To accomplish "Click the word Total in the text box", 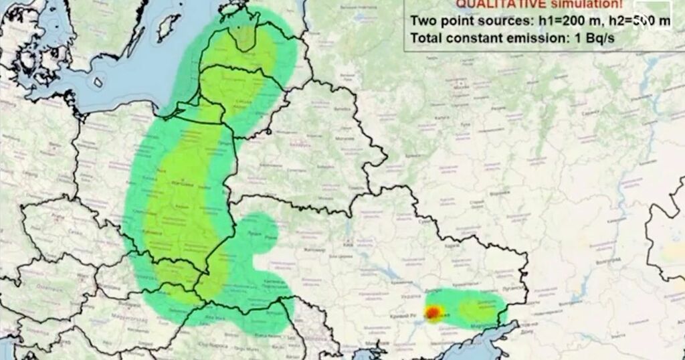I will click(427, 38).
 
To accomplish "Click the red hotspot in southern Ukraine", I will click(433, 312).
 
